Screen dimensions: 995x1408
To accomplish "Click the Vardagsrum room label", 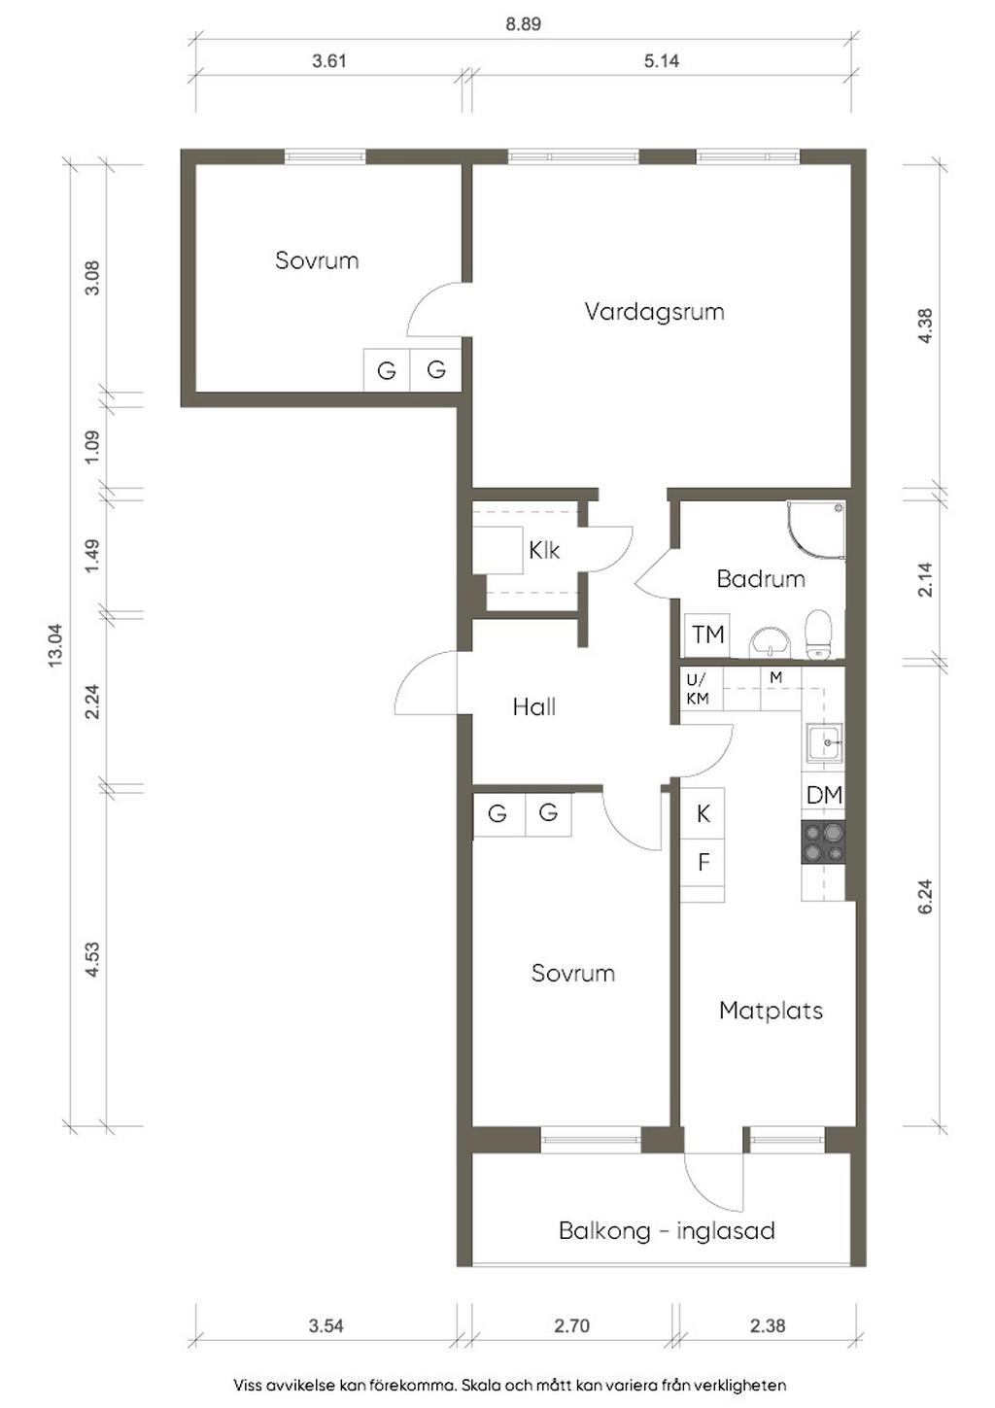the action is point(654,312).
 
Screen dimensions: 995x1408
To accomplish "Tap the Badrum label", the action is point(761,579).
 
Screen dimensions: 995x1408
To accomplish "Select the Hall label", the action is point(533,707).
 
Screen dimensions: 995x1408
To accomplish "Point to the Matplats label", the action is point(771,1011).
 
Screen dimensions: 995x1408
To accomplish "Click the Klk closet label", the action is point(544,551).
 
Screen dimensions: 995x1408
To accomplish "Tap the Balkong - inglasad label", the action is point(667,1231).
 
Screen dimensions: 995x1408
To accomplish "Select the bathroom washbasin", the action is point(770,642).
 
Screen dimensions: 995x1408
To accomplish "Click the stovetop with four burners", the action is point(823,841).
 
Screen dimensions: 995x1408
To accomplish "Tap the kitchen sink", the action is point(825,742).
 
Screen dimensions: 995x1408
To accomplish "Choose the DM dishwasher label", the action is point(824,795).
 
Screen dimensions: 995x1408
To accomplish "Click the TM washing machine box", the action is point(707,635).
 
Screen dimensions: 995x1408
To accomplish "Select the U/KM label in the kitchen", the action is point(697,689).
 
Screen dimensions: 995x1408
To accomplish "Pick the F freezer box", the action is point(703,862).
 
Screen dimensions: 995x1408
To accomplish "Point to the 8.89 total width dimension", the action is point(523,24).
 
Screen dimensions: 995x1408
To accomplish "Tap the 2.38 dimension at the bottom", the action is point(768,1325).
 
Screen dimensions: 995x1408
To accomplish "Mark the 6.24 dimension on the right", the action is point(926,896).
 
